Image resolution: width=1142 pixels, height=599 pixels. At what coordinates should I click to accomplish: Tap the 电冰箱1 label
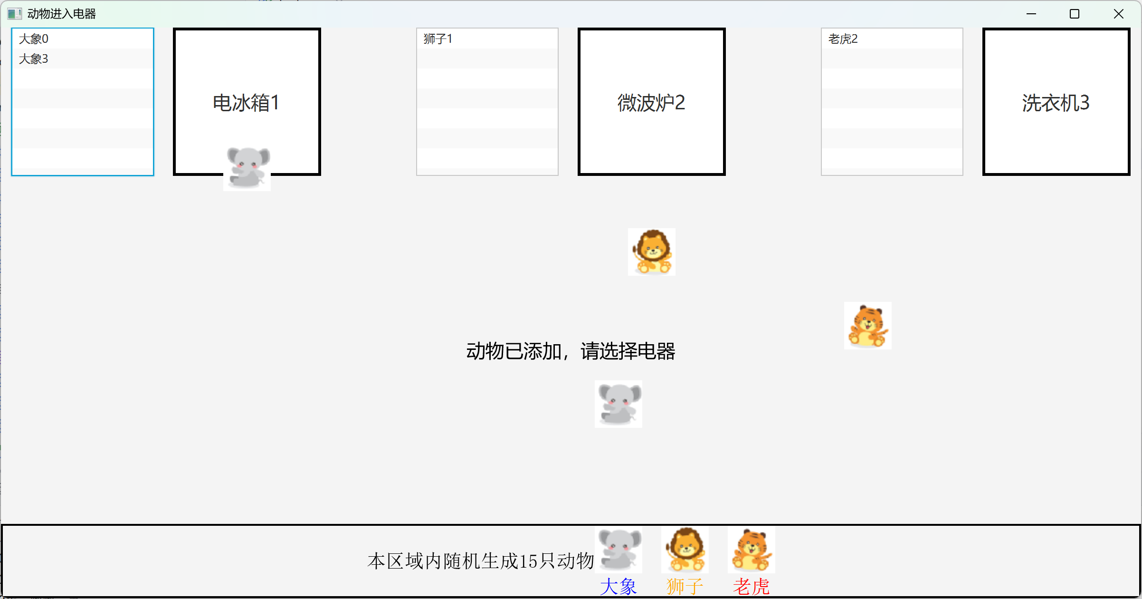[x=247, y=103]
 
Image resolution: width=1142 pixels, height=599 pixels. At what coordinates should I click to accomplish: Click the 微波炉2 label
[x=651, y=103]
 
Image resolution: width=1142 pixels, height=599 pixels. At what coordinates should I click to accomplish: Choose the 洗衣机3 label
[x=1056, y=103]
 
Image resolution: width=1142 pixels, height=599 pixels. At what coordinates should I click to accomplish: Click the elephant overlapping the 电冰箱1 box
[x=247, y=167]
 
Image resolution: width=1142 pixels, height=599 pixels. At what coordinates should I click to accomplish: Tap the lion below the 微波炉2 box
[x=652, y=252]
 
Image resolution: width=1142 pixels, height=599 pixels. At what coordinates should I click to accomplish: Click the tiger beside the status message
[x=868, y=326]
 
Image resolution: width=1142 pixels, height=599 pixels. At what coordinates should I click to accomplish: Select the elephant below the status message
[x=619, y=404]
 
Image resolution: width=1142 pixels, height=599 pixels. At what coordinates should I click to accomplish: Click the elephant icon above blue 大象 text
[x=619, y=550]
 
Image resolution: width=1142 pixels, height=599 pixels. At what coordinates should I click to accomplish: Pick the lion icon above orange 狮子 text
[x=685, y=550]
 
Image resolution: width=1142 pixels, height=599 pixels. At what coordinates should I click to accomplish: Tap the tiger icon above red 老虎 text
[x=752, y=550]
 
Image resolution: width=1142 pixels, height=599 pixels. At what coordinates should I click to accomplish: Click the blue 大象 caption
[x=618, y=587]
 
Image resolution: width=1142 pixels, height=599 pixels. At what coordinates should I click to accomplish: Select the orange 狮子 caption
[x=685, y=587]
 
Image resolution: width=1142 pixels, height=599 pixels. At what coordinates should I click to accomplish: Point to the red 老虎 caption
[x=751, y=587]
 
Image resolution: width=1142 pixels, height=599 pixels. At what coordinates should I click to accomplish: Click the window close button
[x=1119, y=14]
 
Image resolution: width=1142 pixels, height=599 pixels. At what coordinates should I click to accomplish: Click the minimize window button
[x=1031, y=14]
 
